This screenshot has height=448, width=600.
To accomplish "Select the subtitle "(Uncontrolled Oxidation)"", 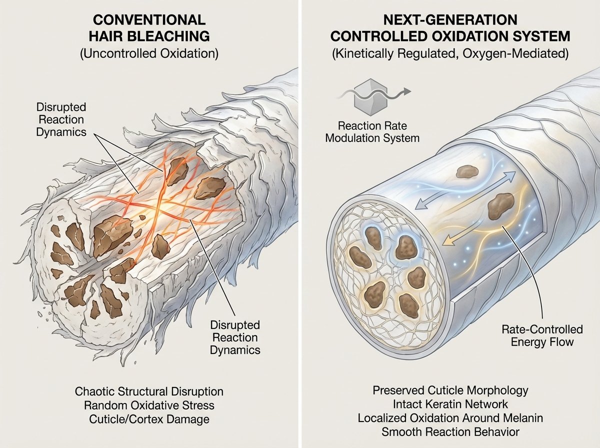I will coord(149,53).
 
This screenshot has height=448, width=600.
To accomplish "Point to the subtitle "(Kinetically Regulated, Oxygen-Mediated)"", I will coord(450,53).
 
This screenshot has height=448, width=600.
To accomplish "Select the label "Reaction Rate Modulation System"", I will coord(372,131).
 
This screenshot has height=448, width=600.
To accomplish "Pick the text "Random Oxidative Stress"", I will coord(149,404).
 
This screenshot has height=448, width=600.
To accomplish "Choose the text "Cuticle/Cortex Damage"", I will coord(149,418).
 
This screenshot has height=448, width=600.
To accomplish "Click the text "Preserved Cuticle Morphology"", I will coord(450,390).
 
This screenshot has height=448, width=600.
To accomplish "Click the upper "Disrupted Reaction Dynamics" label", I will coord(61,120).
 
